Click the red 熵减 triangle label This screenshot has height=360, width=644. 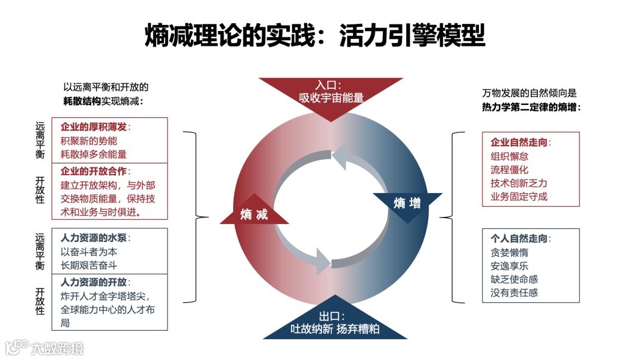254,214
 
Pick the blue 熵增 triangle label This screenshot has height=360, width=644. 407,203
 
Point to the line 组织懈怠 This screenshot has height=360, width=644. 509,156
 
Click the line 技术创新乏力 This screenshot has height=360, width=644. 518,183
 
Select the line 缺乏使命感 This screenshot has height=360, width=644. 513,279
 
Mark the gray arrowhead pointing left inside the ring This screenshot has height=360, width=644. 340,157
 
